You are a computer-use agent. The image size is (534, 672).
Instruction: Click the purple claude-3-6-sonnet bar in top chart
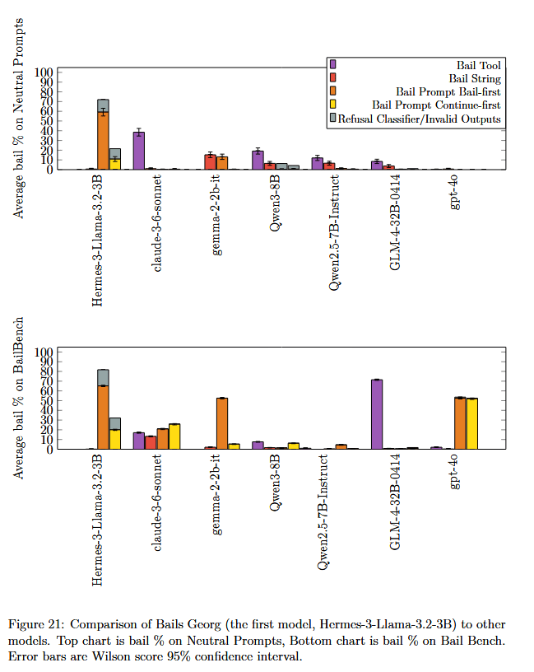(x=139, y=151)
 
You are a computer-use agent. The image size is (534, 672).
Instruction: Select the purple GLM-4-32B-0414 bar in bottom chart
(x=377, y=414)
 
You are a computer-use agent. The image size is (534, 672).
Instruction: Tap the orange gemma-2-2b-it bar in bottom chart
(x=222, y=423)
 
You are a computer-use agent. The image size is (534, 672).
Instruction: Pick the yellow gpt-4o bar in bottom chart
(x=472, y=423)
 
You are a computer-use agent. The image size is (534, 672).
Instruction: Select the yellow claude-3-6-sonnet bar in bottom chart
(x=174, y=436)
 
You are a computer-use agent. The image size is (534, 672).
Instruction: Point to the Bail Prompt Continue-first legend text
(x=436, y=105)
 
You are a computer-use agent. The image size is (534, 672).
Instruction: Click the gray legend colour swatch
(x=333, y=119)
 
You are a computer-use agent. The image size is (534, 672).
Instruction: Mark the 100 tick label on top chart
(x=44, y=72)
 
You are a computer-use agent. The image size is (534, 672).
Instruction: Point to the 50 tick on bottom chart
(x=47, y=400)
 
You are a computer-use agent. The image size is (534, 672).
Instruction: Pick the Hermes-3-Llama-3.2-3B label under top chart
(x=98, y=240)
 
